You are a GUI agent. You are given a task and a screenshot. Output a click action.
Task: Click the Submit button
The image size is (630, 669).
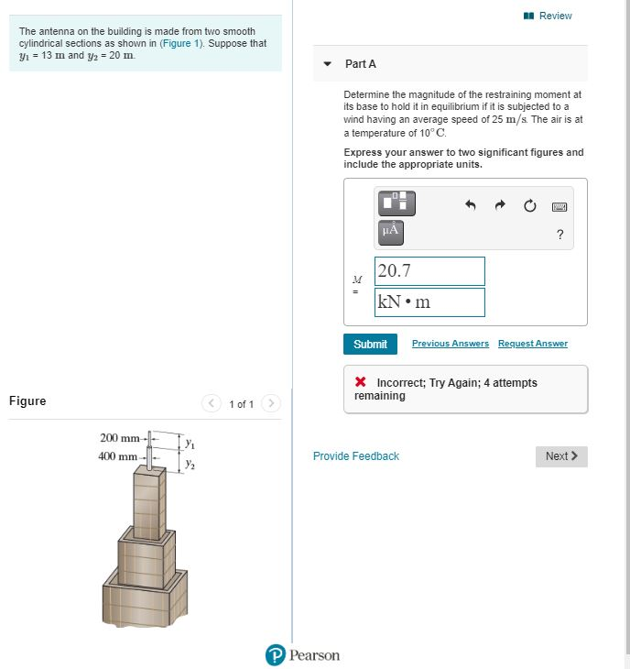click(370, 344)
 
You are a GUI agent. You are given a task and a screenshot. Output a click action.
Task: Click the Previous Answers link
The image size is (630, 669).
click(450, 344)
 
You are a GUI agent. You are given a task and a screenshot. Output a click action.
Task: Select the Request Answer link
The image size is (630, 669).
click(532, 344)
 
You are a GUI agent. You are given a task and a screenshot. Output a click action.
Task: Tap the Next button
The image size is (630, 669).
click(560, 456)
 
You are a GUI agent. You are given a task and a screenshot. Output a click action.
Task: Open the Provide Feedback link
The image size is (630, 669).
click(356, 456)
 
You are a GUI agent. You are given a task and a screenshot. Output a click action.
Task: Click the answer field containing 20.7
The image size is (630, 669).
click(429, 271)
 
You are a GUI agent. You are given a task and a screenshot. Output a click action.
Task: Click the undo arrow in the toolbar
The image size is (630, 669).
click(471, 206)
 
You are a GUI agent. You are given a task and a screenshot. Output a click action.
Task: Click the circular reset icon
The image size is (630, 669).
click(529, 206)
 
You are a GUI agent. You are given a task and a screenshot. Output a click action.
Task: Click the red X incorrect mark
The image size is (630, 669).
click(361, 383)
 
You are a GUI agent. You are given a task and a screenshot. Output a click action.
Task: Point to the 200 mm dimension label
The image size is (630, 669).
click(119, 437)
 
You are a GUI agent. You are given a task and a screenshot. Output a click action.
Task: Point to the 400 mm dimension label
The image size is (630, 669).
click(119, 455)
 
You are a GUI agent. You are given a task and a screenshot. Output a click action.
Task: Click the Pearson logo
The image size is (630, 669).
click(302, 654)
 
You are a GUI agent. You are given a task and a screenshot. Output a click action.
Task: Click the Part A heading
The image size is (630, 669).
click(361, 64)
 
